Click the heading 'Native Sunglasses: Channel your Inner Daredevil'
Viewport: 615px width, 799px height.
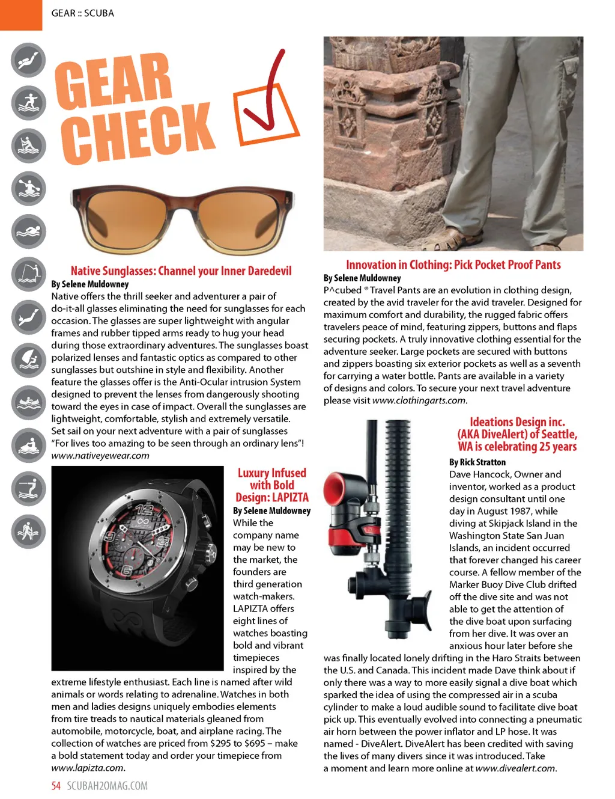tap(181, 271)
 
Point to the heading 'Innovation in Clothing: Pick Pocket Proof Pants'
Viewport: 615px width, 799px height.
tap(453, 265)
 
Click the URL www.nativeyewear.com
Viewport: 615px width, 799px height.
tap(100, 456)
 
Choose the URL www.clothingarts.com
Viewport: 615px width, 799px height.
tap(419, 400)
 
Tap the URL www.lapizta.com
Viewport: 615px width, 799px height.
tap(88, 768)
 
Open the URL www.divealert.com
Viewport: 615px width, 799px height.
tap(515, 768)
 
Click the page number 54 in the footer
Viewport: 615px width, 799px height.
tap(56, 786)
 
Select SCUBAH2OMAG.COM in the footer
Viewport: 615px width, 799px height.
tap(107, 786)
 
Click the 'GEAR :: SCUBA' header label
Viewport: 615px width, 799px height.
tap(82, 13)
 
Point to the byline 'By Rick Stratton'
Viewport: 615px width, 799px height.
tap(477, 462)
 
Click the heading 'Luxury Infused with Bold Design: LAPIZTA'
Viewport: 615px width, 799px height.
tap(272, 485)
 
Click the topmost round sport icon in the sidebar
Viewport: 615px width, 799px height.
tap(28, 60)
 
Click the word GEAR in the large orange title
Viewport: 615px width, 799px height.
tap(114, 81)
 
